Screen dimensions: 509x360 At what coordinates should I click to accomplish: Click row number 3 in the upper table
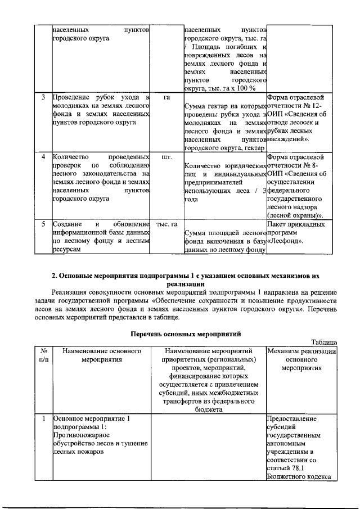pos(43,97)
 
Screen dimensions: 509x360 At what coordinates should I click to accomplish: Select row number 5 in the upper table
pos(43,224)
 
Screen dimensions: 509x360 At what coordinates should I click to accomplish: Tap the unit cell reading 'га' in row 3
pos(166,97)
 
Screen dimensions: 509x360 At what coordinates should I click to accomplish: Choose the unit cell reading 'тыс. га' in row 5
pos(166,224)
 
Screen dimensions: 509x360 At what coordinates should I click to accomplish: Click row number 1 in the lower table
pos(43,419)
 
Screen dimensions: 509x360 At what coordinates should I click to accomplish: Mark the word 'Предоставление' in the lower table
pos(293,419)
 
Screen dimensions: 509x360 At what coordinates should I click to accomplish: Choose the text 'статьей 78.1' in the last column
pos(286,469)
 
